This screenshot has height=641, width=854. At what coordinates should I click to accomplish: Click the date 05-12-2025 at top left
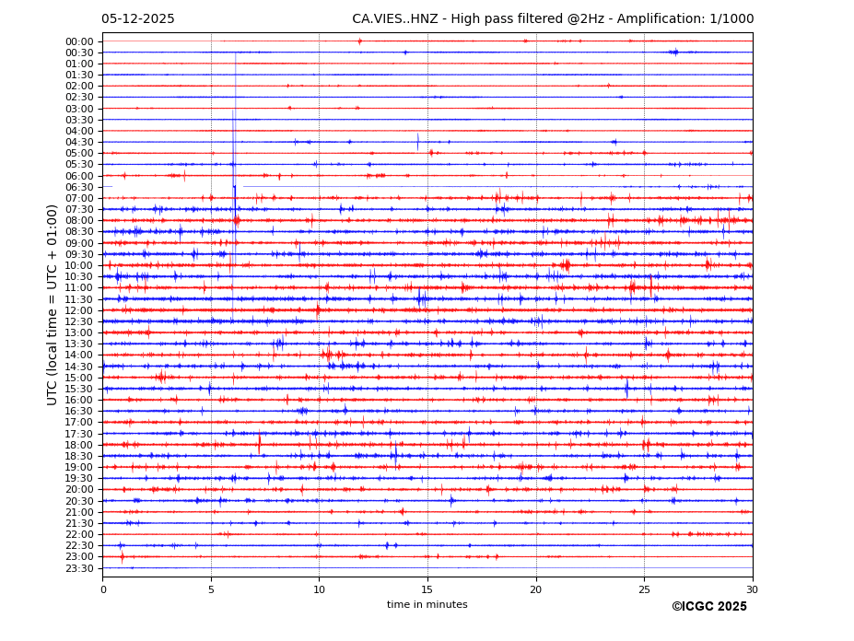coord(138,19)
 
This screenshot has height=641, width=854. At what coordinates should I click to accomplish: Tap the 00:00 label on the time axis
coord(79,41)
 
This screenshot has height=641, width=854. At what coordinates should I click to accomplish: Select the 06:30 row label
coord(79,187)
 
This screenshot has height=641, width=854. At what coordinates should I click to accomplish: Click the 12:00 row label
coord(79,310)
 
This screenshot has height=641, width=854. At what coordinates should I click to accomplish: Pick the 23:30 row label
coord(79,568)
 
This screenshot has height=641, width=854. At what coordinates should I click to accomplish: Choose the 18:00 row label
coord(79,445)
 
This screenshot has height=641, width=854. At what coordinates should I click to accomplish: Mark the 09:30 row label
coord(79,254)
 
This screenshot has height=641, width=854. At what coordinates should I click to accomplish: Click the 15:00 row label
coord(79,378)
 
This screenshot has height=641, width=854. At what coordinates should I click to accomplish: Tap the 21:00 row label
coord(79,512)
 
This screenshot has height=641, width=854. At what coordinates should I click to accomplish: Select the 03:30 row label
coord(79,120)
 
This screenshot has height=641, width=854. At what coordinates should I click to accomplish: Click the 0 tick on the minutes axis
coord(103,589)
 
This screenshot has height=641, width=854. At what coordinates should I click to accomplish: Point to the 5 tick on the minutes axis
coord(211,589)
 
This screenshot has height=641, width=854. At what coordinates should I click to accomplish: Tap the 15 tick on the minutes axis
coord(427,589)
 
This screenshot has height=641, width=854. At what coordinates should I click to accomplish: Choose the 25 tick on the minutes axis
coord(644,589)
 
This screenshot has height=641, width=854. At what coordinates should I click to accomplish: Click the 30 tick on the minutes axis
coord(752,589)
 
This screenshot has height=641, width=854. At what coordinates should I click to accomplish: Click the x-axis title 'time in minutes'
coord(427,605)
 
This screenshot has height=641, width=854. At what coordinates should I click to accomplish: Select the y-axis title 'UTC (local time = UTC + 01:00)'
coord(53,304)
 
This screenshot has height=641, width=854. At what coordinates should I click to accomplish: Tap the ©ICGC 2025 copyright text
coord(708,607)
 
